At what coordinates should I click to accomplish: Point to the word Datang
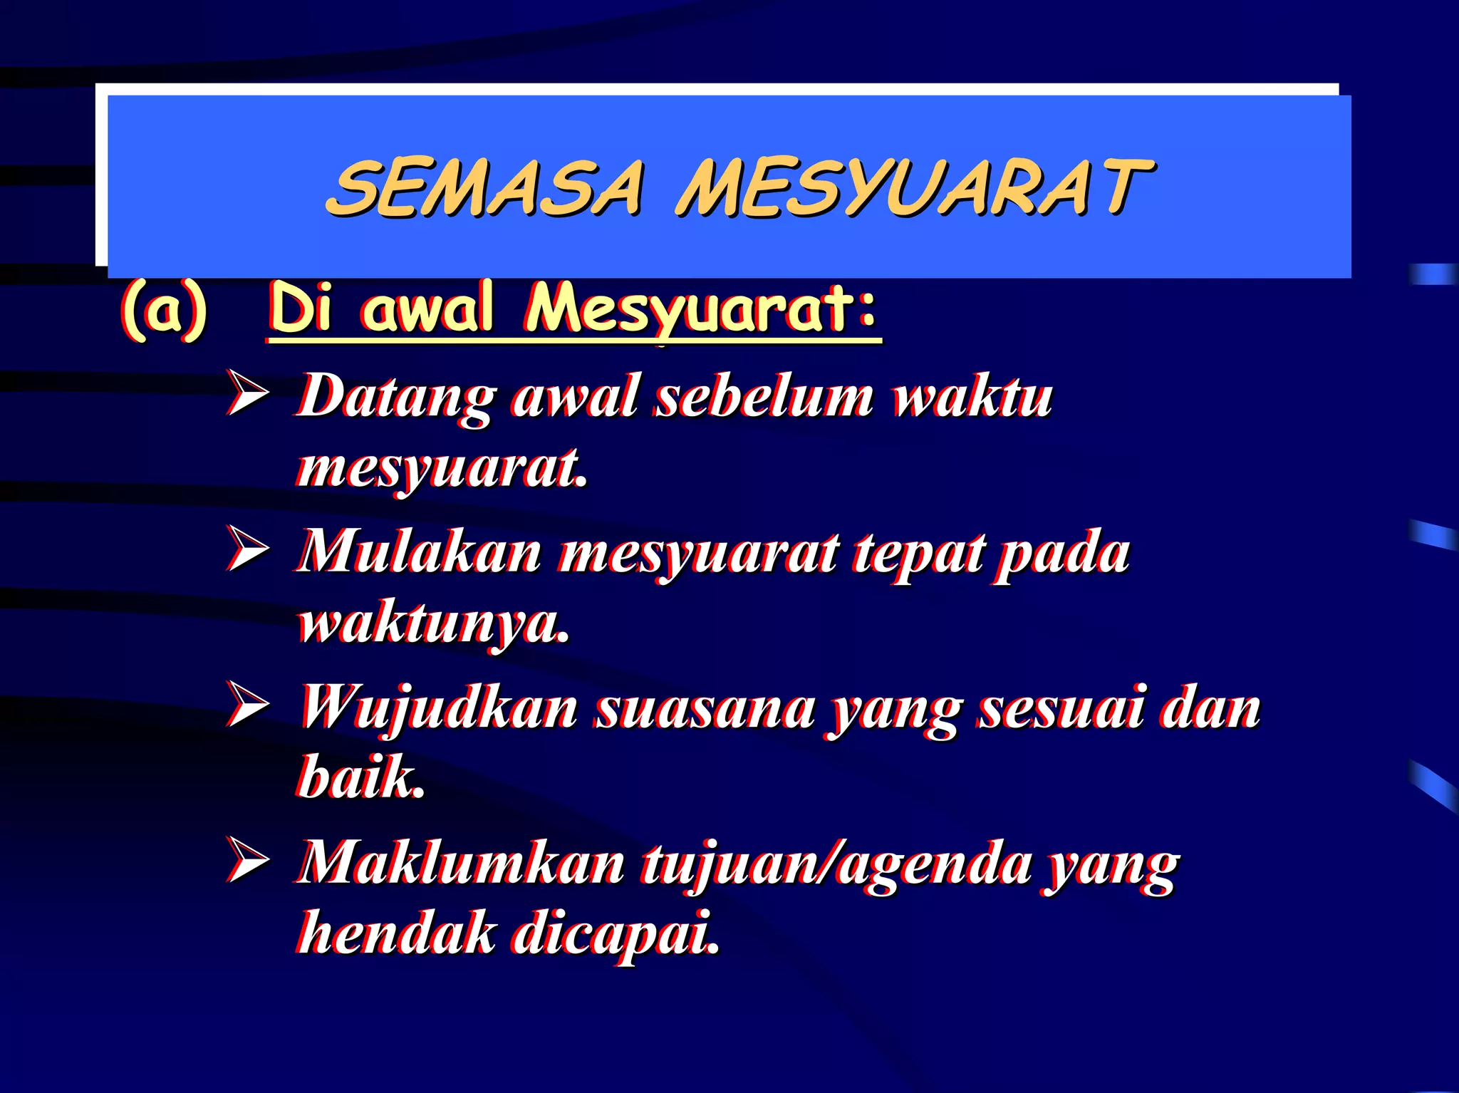396,398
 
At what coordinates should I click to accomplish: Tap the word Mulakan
419,553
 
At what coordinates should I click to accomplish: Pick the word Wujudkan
438,710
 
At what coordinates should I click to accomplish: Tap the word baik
360,777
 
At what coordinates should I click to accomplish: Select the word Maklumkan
460,864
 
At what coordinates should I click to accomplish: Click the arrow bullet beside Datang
247,393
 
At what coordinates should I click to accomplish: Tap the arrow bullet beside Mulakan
247,549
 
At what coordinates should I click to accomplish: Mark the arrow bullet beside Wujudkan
247,705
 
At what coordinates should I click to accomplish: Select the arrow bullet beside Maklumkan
247,860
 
